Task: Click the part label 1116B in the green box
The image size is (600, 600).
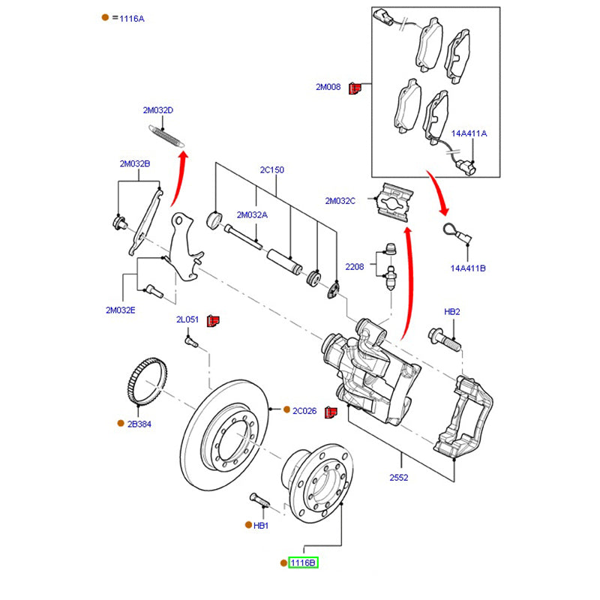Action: [x=304, y=562]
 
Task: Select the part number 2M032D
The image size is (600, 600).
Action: [x=158, y=110]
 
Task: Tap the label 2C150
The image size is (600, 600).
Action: [x=271, y=170]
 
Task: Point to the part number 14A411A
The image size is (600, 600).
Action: [x=469, y=133]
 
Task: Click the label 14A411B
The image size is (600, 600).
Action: [x=468, y=268]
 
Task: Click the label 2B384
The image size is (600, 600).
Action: [x=139, y=424]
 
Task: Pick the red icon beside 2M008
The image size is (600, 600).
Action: [x=357, y=88]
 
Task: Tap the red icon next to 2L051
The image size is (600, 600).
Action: [x=212, y=320]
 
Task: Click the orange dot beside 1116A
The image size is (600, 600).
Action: [x=105, y=17]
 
